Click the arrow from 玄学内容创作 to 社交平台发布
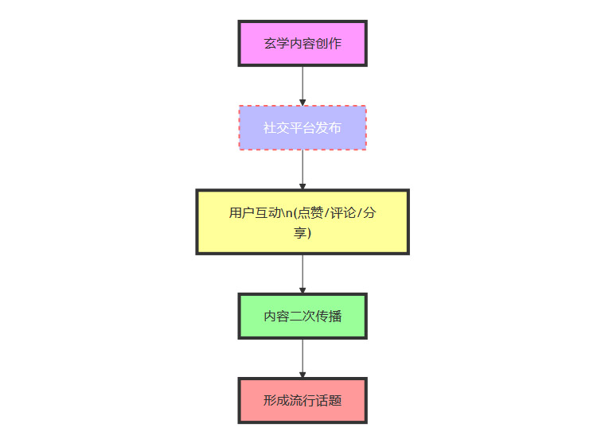click(302, 85)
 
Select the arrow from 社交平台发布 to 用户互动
click(302, 169)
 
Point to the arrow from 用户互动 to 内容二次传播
click(302, 274)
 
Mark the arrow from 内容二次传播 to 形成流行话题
click(302, 358)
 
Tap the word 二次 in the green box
click(302, 317)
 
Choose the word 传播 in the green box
click(329, 317)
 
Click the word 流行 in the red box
click(302, 401)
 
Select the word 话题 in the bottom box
click(329, 401)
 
